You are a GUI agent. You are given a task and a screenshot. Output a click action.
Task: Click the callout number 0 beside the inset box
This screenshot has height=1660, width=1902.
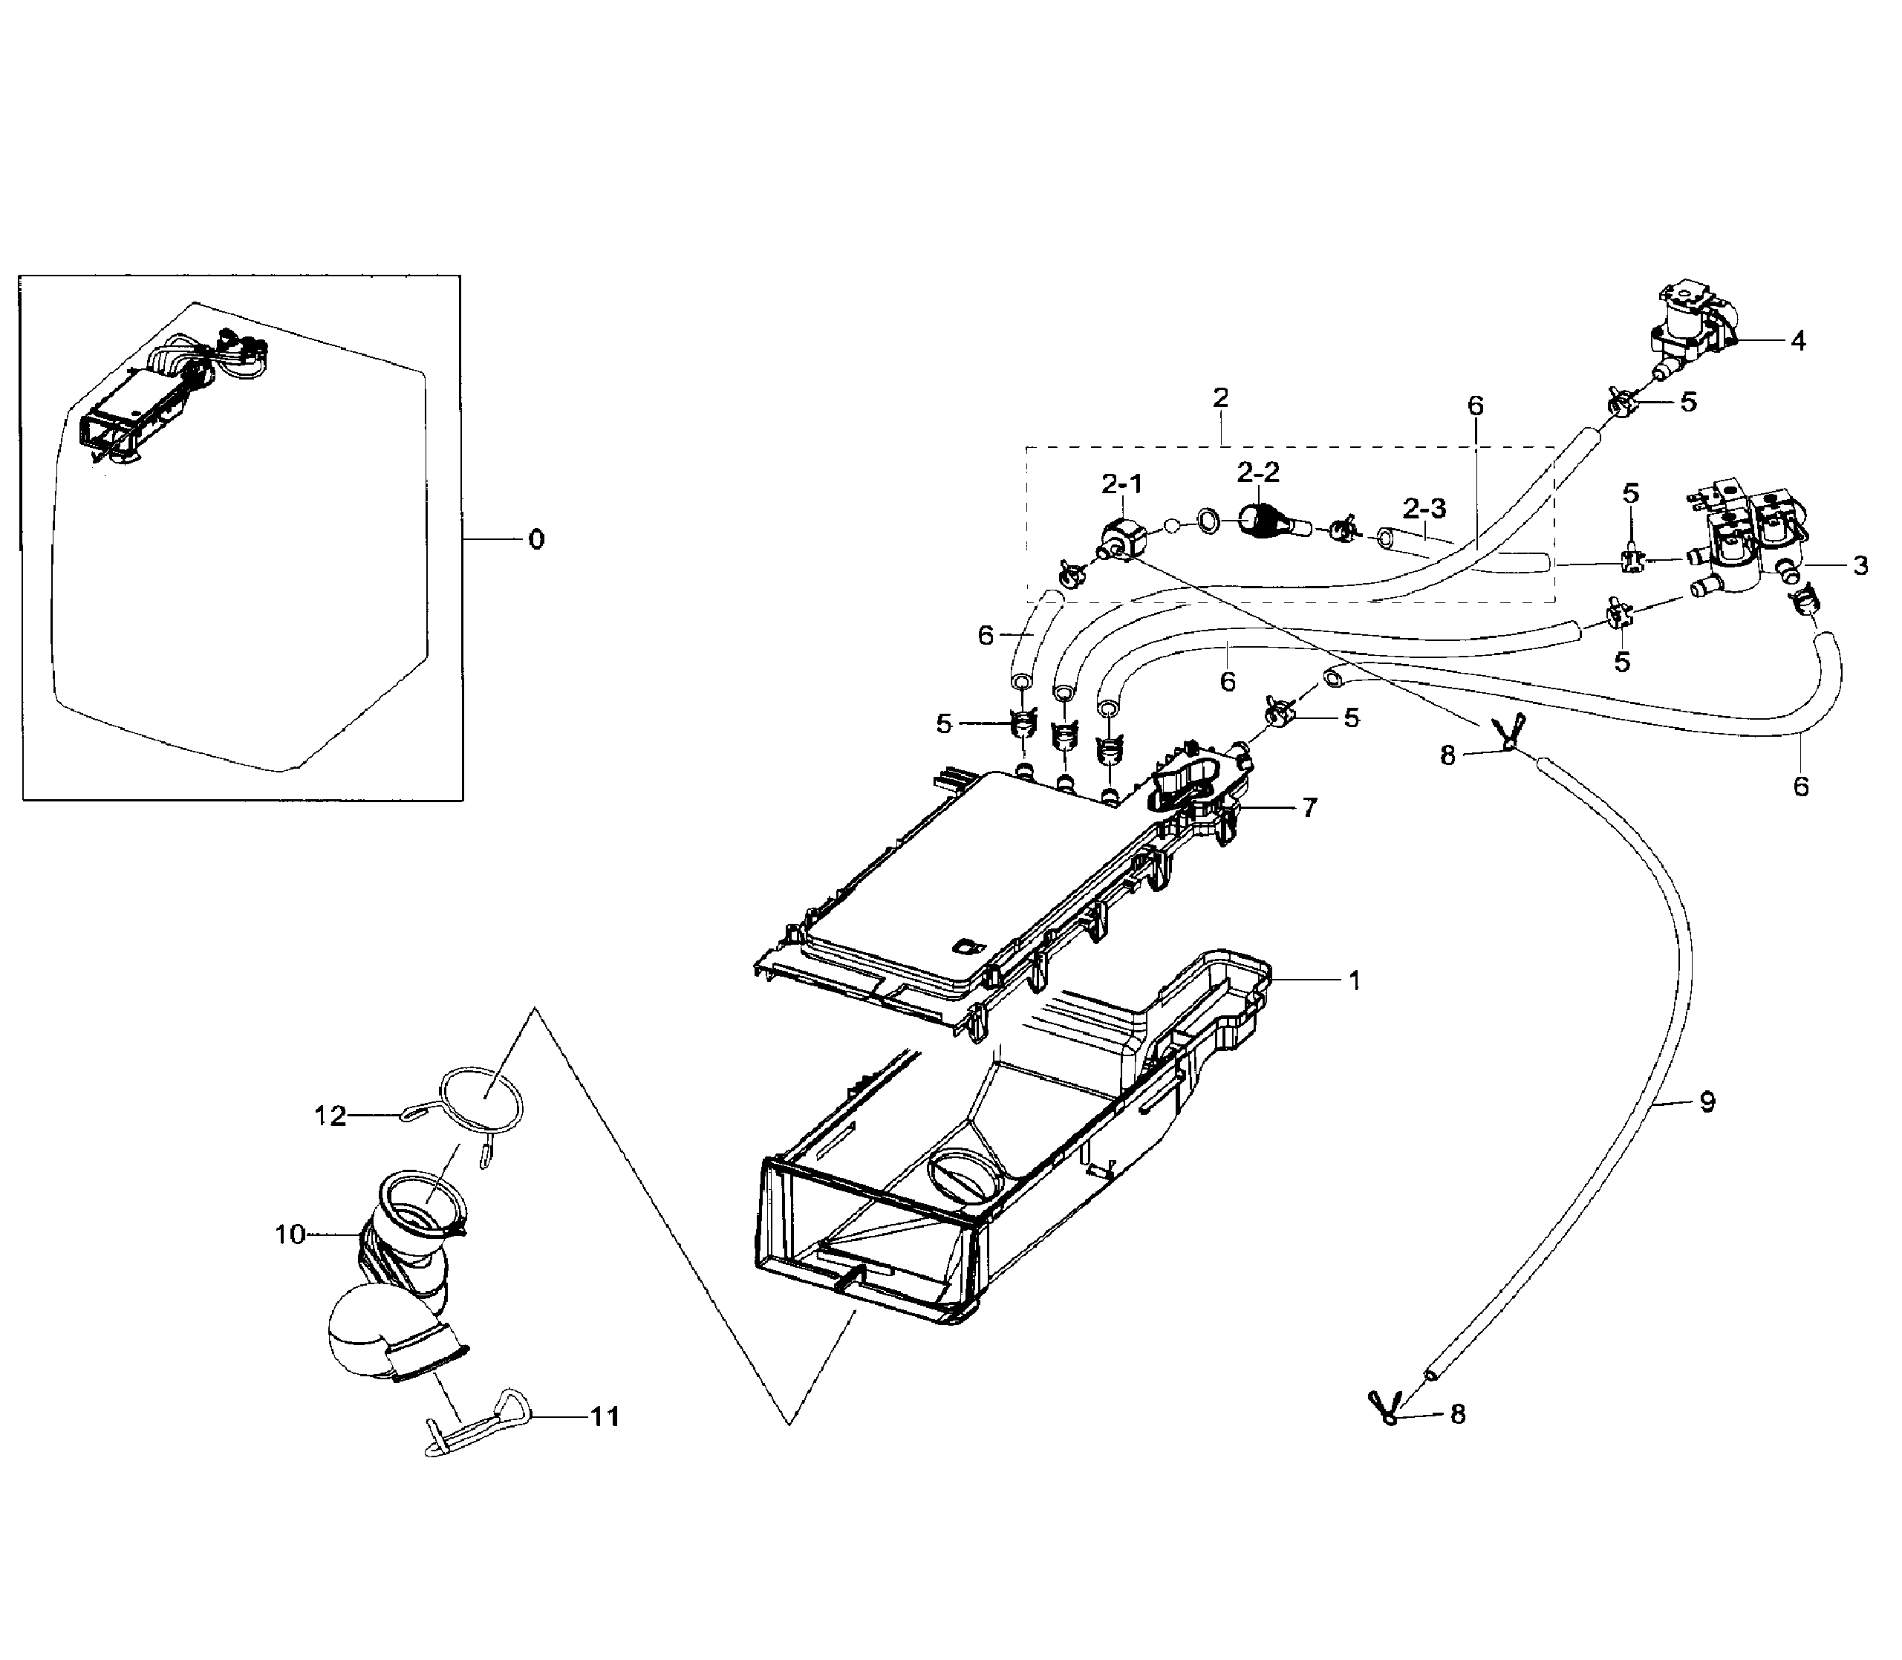tap(536, 539)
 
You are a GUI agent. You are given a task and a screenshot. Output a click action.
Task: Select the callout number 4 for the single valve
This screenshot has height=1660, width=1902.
tap(1797, 341)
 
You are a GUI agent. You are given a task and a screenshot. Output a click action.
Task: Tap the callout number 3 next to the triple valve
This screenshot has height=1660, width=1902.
tap(1860, 565)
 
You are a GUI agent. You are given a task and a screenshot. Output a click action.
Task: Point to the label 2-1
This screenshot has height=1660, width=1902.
tap(1122, 483)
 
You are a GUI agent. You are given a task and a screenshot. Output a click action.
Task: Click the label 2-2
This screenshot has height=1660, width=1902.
tap(1258, 472)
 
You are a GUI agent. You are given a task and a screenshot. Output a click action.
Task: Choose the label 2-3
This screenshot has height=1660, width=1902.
tap(1424, 507)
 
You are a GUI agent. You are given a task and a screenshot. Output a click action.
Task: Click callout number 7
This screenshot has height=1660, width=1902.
tap(1309, 808)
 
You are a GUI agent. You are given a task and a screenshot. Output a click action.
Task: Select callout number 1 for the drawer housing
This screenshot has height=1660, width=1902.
tap(1355, 980)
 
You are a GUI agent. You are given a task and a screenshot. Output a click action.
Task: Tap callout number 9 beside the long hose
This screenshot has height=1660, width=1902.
tap(1707, 1102)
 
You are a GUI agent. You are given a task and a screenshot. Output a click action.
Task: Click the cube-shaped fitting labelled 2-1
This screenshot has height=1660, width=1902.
tap(1120, 537)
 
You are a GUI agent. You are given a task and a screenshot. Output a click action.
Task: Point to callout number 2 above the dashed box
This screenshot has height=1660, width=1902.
tap(1221, 397)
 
